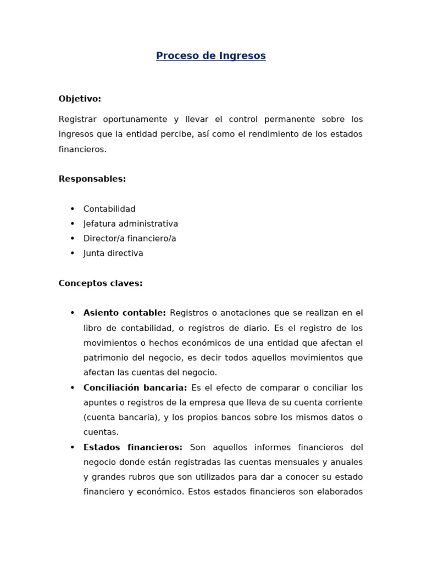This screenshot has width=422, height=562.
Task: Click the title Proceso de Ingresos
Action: pyautogui.click(x=210, y=56)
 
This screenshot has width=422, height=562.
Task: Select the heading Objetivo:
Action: pyautogui.click(x=80, y=99)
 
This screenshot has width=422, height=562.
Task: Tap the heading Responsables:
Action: pyautogui.click(x=92, y=179)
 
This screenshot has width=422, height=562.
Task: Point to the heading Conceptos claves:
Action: pyautogui.click(x=101, y=283)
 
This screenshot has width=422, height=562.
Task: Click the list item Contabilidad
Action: pyautogui.click(x=109, y=209)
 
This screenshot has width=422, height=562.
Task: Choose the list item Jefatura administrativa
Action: pyautogui.click(x=131, y=224)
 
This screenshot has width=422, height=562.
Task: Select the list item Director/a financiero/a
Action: pyautogui.click(x=130, y=239)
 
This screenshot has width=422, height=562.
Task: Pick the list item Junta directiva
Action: pyautogui.click(x=113, y=254)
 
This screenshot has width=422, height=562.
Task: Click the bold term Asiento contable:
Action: pyautogui.click(x=124, y=313)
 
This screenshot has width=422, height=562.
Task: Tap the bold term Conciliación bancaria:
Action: pyautogui.click(x=135, y=387)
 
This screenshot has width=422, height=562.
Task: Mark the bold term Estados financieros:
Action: pyautogui.click(x=132, y=447)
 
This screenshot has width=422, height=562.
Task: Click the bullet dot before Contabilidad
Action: pyautogui.click(x=72, y=209)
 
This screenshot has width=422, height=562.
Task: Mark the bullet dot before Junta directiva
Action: pyautogui.click(x=72, y=254)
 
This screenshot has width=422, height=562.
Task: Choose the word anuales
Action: pyautogui.click(x=346, y=462)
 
